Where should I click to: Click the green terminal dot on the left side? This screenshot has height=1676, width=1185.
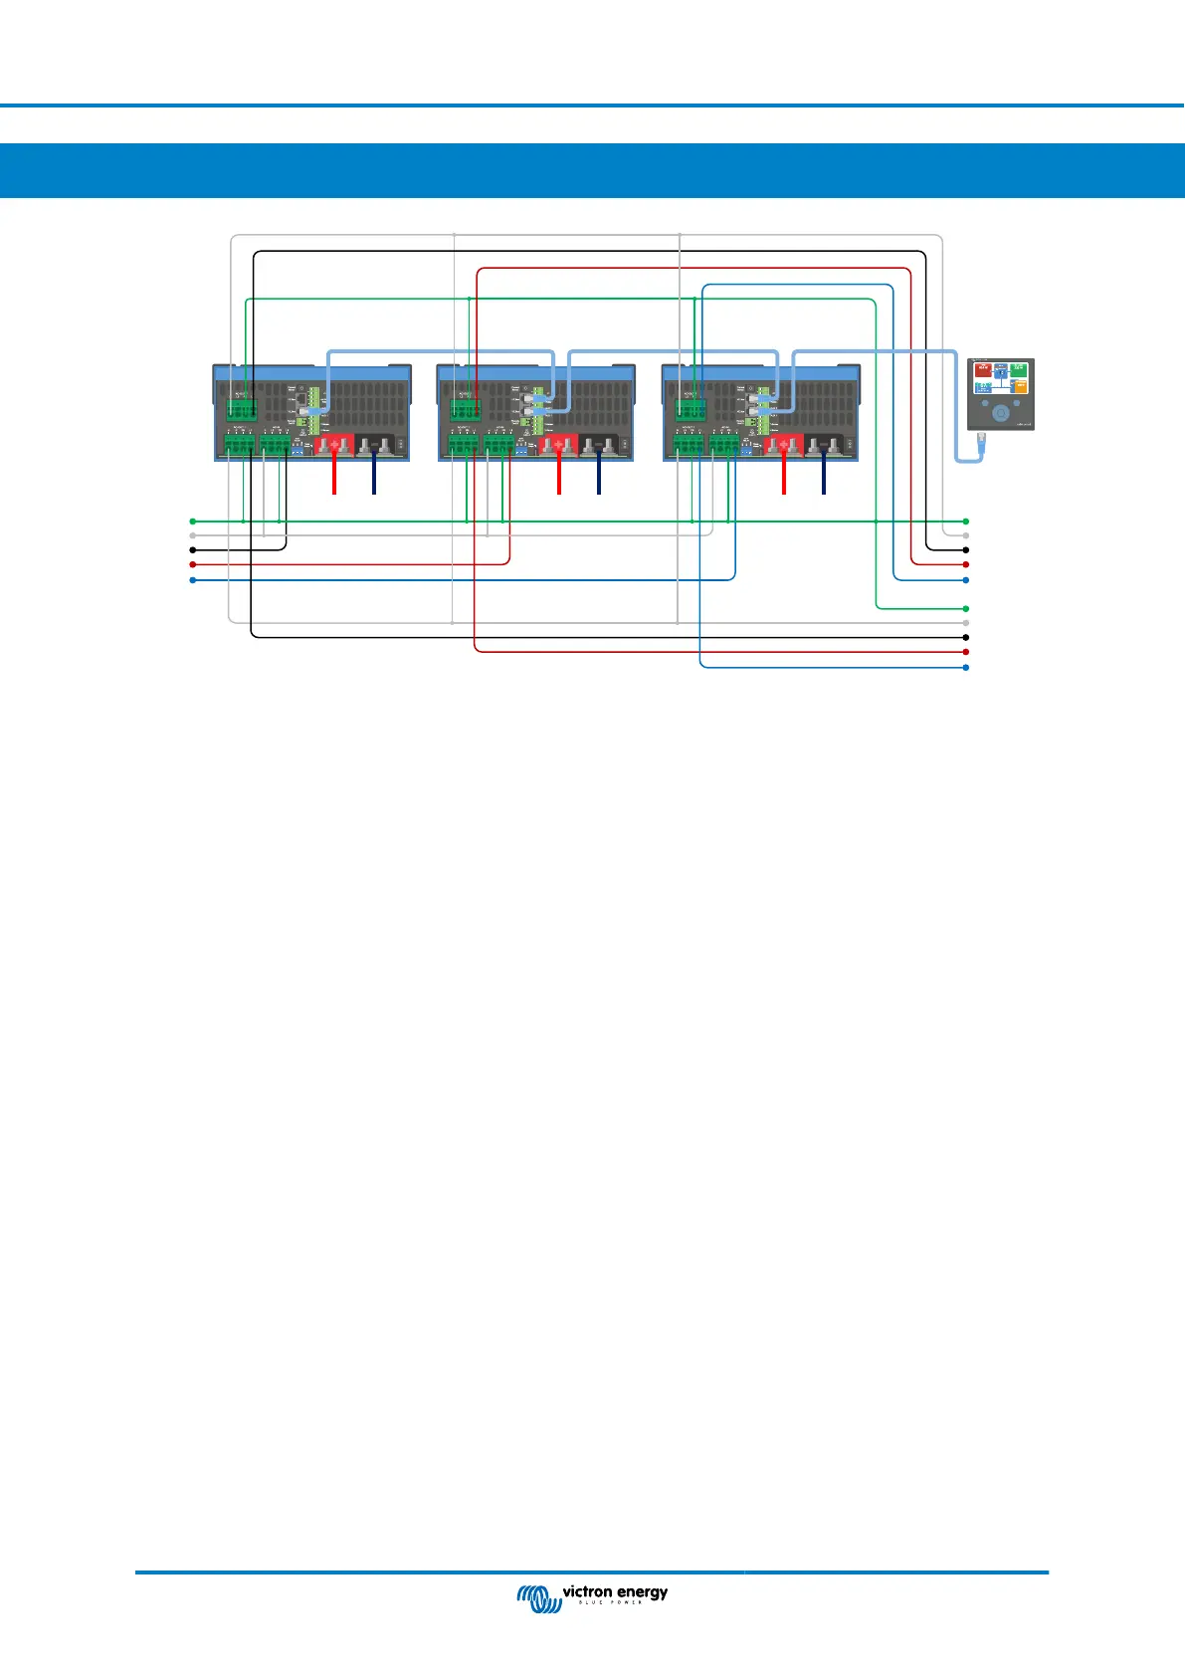pos(193,521)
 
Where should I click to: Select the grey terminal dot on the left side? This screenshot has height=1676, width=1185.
pos(193,535)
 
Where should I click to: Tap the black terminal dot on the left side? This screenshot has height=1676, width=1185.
pos(193,549)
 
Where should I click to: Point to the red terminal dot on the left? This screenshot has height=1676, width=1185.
pos(193,564)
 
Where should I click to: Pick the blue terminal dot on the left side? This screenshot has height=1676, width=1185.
pos(193,579)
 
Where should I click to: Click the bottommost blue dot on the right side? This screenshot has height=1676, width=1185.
pos(966,667)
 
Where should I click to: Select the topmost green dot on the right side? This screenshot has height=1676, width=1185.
pos(966,521)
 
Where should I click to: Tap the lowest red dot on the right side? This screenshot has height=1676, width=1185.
pos(966,652)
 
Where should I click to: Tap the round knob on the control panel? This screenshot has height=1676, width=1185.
pos(1001,412)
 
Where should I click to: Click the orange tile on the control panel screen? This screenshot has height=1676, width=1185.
pos(1020,385)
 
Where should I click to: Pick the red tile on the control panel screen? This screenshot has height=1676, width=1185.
pos(983,369)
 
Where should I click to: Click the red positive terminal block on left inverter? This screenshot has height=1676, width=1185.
pos(334,445)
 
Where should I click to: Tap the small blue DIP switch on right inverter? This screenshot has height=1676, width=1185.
pos(746,450)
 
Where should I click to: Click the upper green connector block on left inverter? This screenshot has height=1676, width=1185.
pos(241,407)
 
